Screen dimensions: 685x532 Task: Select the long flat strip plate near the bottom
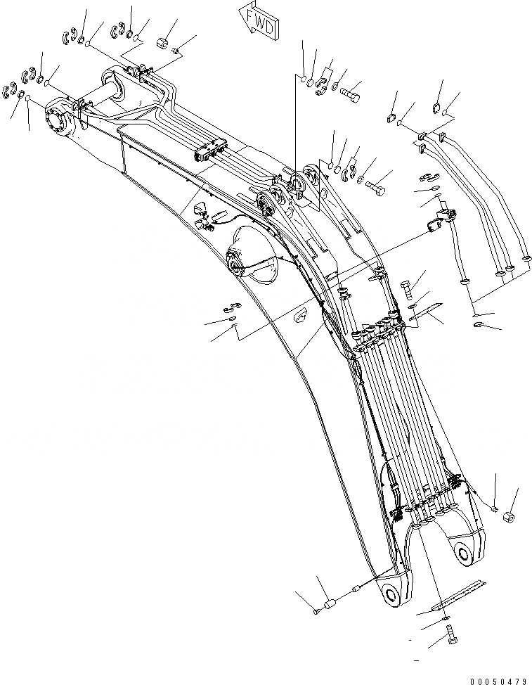[459, 592]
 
